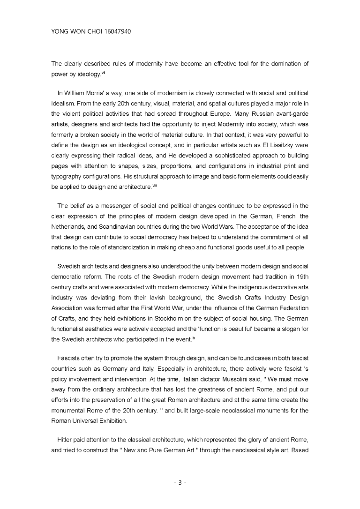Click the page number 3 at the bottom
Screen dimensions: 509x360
(x=180, y=482)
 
